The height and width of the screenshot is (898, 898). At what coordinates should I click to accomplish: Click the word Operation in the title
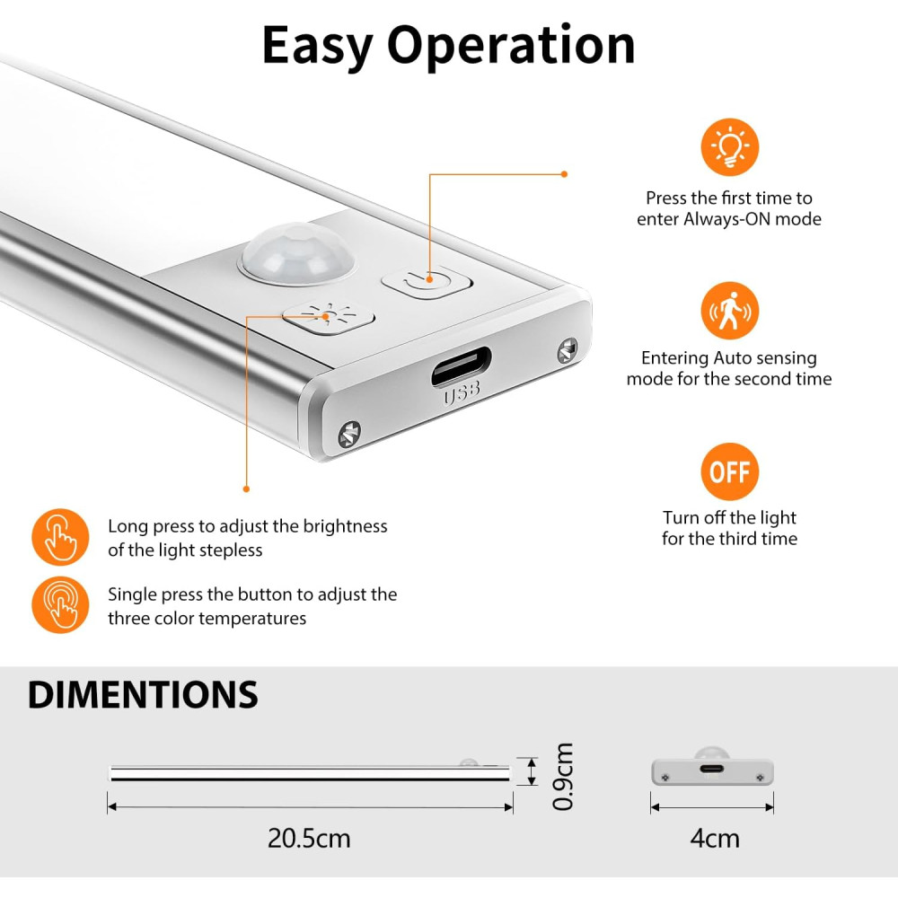tap(511, 47)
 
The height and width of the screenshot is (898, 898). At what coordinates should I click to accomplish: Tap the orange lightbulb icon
tap(729, 147)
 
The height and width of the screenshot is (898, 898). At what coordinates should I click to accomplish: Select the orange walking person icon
tap(729, 311)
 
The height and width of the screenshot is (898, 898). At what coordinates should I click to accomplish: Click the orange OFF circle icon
tap(729, 471)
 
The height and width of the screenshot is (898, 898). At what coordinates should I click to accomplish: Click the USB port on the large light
tap(461, 366)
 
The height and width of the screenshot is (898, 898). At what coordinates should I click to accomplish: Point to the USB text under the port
tap(462, 393)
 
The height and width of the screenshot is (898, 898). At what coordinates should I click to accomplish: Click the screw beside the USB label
tap(349, 434)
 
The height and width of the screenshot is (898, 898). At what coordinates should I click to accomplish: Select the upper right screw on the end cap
tap(567, 350)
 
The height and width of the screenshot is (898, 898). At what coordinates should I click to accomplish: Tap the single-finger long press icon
tap(60, 537)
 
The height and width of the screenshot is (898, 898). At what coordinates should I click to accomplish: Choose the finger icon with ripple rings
tap(60, 604)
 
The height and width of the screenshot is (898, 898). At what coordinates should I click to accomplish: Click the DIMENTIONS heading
tap(143, 695)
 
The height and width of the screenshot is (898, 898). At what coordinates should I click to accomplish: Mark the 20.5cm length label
tap(309, 839)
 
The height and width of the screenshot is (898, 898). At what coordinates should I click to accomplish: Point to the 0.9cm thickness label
tap(562, 776)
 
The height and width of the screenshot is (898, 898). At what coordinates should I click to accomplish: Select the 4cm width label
tap(714, 839)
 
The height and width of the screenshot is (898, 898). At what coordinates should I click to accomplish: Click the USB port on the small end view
tap(711, 769)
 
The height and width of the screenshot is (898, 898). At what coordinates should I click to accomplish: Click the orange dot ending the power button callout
tap(564, 174)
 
